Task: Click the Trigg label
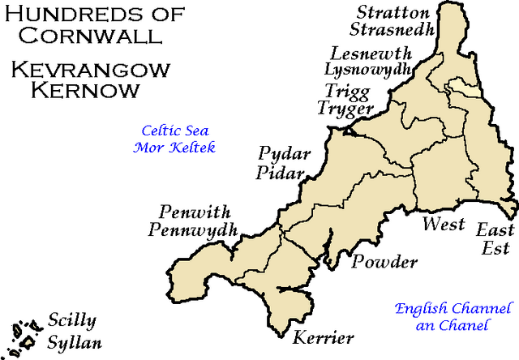[344, 92]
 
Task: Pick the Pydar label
[280, 155]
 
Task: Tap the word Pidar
[279, 173]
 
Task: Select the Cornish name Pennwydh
[192, 230]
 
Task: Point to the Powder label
[384, 263]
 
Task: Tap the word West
[443, 224]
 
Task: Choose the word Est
[495, 249]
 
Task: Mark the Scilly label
[71, 320]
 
